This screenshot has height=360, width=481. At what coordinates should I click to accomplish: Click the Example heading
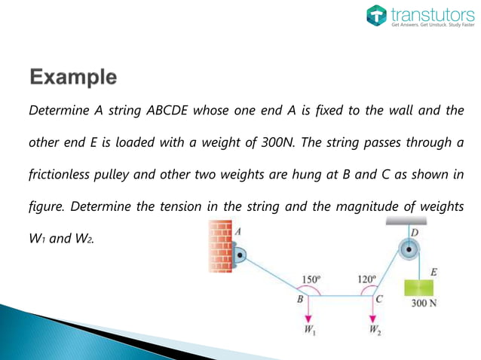[x=73, y=77]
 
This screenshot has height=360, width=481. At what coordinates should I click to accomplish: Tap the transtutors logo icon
[x=376, y=16]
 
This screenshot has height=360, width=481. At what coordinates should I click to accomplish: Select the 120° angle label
[x=366, y=279]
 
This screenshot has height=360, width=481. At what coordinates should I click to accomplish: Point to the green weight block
[x=421, y=288]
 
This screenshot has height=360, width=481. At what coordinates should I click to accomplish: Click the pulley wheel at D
[x=409, y=252]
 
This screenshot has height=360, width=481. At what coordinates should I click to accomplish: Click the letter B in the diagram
[x=299, y=299]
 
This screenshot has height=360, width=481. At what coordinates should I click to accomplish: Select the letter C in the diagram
[x=379, y=299]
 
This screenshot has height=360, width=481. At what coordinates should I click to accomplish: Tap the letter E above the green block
[x=433, y=270]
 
